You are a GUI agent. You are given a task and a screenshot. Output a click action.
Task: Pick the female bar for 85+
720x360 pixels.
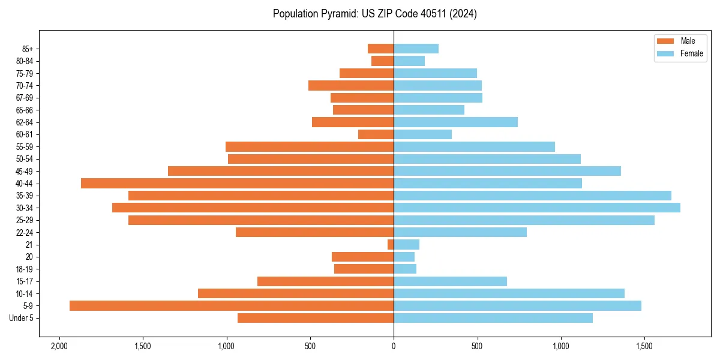point(416,49)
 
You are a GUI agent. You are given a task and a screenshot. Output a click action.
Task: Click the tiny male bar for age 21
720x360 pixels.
point(391,244)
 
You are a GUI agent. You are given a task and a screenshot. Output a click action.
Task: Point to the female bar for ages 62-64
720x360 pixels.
point(455,122)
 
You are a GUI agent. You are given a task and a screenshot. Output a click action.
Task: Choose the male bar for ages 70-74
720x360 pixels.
point(351,86)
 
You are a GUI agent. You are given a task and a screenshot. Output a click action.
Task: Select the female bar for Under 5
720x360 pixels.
point(493,318)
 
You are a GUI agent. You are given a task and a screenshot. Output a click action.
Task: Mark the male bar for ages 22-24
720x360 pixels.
point(314,232)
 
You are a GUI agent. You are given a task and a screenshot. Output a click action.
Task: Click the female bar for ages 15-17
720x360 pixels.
point(450,281)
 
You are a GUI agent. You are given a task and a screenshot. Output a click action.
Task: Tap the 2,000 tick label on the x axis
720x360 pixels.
point(59,347)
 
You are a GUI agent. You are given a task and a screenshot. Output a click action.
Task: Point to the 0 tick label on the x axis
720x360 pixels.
point(394,347)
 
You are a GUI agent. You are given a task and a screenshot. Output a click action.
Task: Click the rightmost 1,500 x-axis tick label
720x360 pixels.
point(644,347)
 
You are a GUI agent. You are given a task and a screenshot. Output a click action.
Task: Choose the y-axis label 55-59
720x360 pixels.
point(25,147)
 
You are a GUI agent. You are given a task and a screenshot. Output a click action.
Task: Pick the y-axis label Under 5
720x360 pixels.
point(21,318)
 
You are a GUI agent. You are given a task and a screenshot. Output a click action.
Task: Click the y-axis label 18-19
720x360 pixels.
point(25,269)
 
